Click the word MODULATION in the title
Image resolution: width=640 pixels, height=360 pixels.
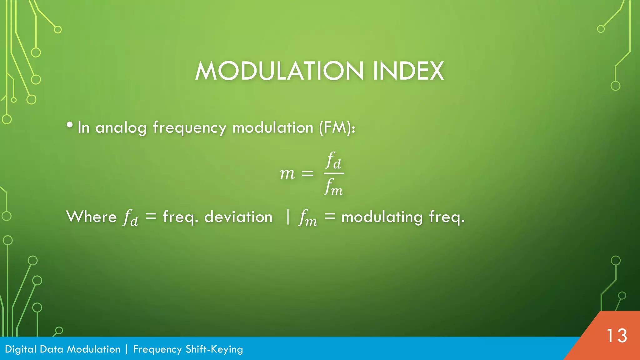click(279, 71)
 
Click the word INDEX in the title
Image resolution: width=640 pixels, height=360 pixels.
click(408, 71)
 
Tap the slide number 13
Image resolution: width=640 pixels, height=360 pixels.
click(617, 336)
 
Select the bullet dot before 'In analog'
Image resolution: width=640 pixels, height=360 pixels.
click(70, 125)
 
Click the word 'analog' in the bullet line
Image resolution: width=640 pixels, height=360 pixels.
click(121, 128)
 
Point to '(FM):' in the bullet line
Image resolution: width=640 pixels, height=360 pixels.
click(337, 127)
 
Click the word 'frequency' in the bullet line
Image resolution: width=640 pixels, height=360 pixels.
click(189, 128)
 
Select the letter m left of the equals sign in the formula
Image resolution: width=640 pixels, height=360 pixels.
click(287, 173)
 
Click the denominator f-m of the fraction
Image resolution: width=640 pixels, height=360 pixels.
click(333, 187)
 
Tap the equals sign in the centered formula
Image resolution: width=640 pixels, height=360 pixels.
click(307, 173)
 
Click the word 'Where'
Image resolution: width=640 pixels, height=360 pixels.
click(92, 217)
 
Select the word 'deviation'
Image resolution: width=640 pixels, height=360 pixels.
click(238, 217)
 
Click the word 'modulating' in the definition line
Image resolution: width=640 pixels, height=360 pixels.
click(382, 217)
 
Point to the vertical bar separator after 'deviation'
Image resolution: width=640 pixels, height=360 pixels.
click(288, 217)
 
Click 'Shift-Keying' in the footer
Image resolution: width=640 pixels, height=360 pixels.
click(214, 349)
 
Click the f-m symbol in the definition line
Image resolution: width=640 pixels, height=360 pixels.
click(308, 217)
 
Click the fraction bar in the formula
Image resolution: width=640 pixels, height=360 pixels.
click(334, 173)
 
